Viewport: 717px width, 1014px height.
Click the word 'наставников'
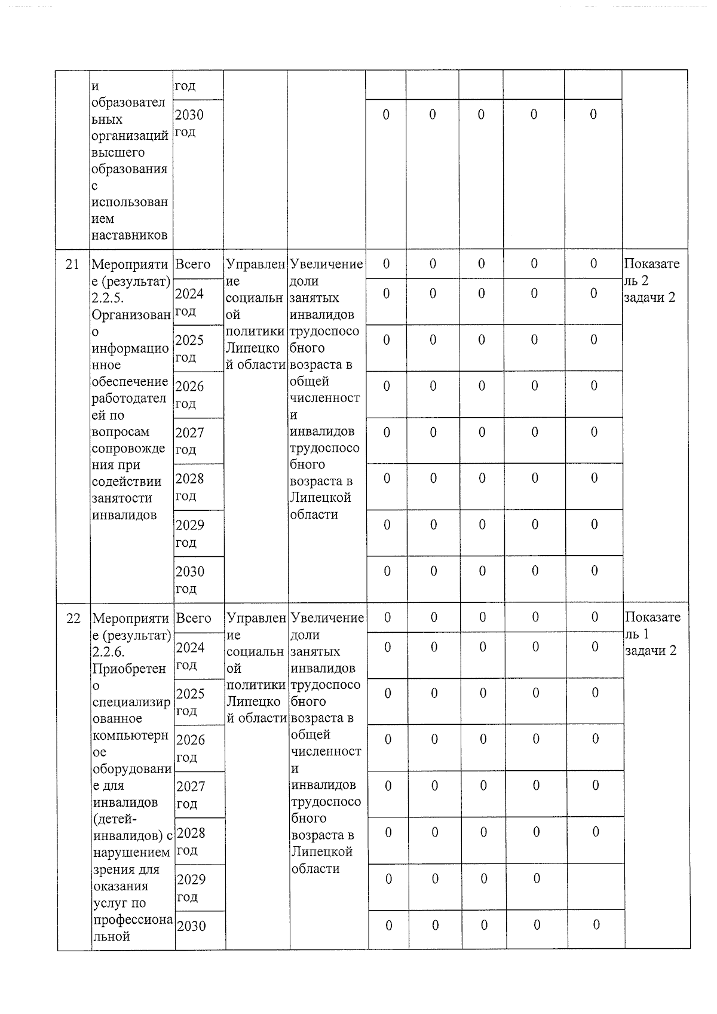[x=129, y=235]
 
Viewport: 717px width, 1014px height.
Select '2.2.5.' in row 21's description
[x=108, y=298]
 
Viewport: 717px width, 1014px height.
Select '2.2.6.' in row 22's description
[x=109, y=652]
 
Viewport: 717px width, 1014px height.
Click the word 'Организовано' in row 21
[x=131, y=315]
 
